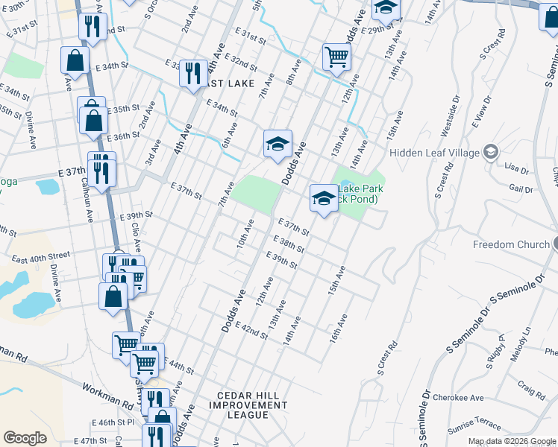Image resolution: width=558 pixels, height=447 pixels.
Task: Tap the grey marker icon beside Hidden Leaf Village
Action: (490, 153)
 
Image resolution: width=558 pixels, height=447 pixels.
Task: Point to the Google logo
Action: (25, 438)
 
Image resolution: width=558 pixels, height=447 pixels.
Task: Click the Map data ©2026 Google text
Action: (512, 441)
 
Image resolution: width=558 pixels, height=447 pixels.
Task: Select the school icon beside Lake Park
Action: (323, 199)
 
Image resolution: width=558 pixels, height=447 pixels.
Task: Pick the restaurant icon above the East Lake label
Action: (193, 74)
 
